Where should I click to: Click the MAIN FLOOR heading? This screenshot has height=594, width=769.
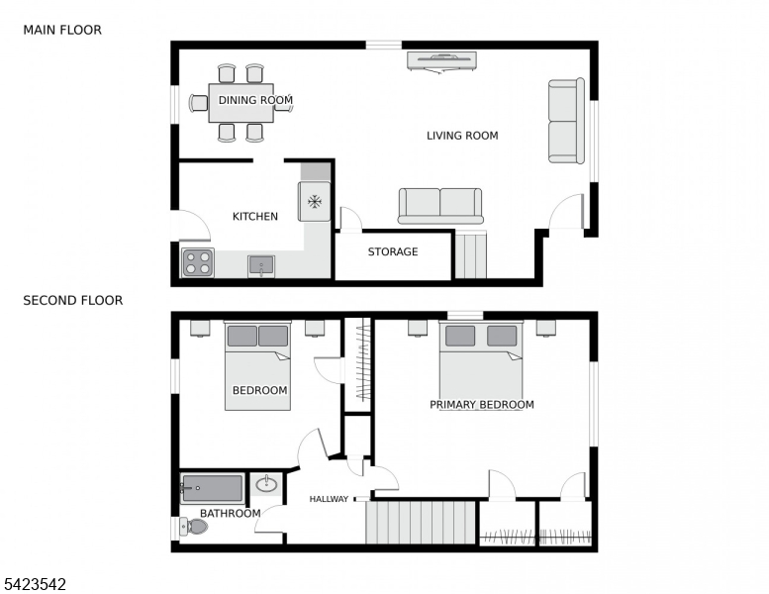click(x=62, y=30)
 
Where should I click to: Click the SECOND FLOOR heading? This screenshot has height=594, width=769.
click(x=73, y=300)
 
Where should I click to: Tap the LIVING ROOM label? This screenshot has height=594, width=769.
click(x=462, y=136)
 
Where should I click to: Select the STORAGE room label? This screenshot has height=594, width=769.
click(x=393, y=251)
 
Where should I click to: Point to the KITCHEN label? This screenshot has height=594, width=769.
click(x=255, y=216)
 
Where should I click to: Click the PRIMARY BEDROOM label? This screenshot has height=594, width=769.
click(x=481, y=404)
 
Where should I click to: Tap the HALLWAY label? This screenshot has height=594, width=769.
click(x=329, y=499)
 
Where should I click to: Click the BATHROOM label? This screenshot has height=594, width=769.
click(x=231, y=513)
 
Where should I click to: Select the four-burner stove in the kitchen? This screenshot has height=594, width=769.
click(x=197, y=262)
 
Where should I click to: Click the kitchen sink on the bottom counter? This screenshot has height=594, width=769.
click(x=261, y=265)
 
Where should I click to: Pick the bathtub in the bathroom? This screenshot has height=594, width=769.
click(x=212, y=488)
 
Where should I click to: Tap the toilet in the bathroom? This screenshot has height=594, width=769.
click(x=195, y=527)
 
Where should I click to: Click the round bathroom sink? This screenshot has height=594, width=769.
click(x=266, y=484)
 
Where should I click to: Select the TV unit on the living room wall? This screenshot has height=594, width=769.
click(x=441, y=60)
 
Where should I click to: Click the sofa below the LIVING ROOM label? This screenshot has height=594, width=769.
click(x=440, y=205)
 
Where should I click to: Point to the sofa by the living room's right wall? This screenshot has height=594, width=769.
click(x=566, y=121)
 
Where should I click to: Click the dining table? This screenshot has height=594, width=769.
click(x=240, y=102)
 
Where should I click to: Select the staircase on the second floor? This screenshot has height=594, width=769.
click(x=421, y=522)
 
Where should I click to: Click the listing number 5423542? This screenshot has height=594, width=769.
click(x=35, y=584)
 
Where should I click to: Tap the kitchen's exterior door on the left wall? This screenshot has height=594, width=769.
click(x=190, y=227)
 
